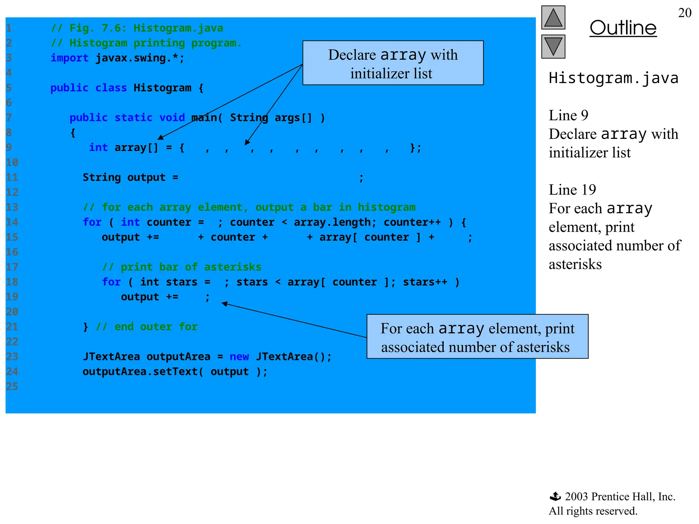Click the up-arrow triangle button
(553, 18)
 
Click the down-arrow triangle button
(553, 47)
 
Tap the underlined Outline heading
(623, 28)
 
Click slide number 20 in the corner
(684, 13)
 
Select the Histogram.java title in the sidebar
(613, 78)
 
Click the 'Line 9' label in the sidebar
(568, 116)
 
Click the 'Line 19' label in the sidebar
(572, 190)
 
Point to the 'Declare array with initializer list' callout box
(393, 63)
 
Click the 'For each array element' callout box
(477, 337)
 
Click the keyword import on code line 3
(70, 58)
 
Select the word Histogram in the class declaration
(162, 88)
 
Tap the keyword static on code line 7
(133, 118)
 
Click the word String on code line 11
(102, 177)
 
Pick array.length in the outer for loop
(332, 222)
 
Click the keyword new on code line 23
(239, 357)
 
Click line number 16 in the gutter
(12, 252)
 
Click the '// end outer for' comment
(147, 327)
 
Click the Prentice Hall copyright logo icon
(555, 496)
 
